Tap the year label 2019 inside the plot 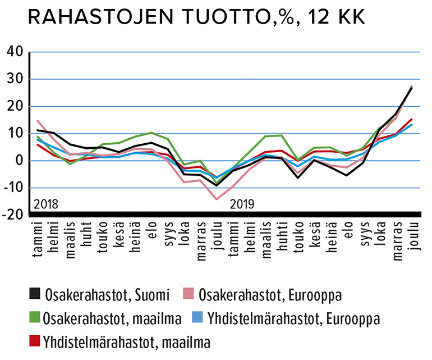coord(243,203)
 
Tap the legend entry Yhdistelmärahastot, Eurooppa coord(292,319)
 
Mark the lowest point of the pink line coord(217,199)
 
